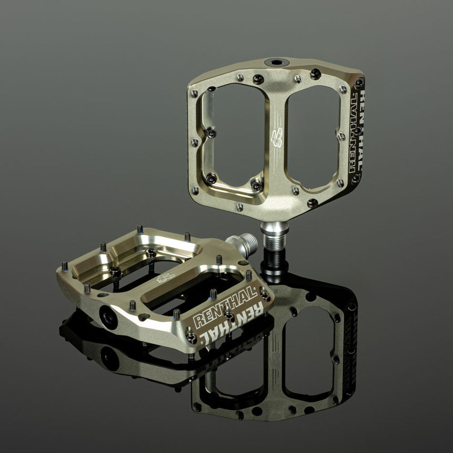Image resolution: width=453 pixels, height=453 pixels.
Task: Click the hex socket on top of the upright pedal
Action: click(x=277, y=62)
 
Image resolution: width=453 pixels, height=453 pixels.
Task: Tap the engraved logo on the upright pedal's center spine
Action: click(x=277, y=139)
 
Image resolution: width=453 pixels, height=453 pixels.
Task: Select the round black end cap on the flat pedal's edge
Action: click(x=109, y=317)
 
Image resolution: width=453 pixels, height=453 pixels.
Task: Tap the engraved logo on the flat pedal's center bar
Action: click(x=165, y=278)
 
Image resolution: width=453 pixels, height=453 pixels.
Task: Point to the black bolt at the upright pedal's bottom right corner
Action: click(x=355, y=179)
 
